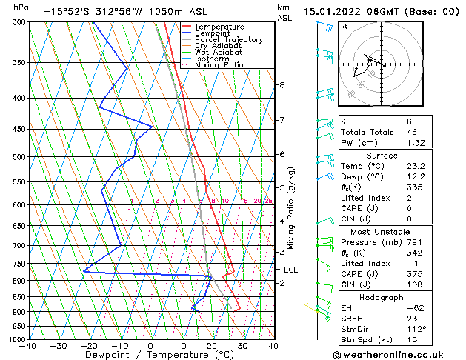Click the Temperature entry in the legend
tap(219, 27)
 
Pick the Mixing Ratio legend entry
tap(219, 65)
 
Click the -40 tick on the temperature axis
tap(28, 345)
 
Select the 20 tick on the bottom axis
tap(211, 345)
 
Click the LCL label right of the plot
tap(290, 270)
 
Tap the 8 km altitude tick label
tap(282, 85)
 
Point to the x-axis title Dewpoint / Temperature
tap(150, 355)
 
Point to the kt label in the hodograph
tap(344, 27)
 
